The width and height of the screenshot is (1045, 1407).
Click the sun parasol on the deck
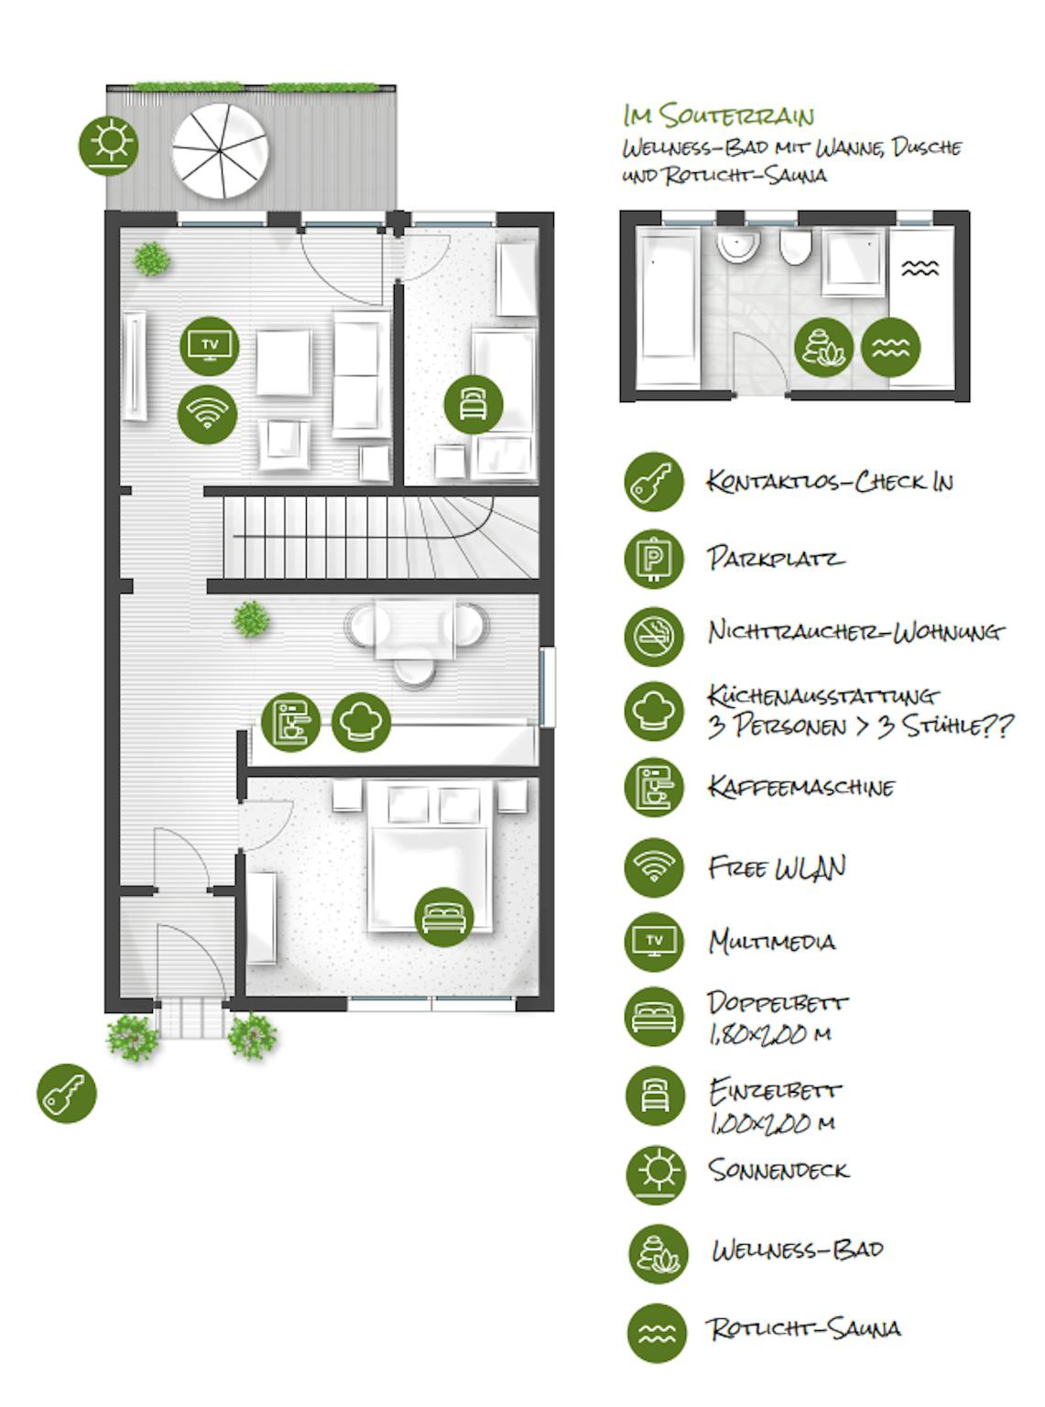coord(220,152)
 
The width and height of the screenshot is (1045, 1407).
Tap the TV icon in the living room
coord(210,346)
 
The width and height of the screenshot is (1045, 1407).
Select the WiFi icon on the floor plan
coord(208,414)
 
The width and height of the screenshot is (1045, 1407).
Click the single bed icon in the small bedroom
coord(474,405)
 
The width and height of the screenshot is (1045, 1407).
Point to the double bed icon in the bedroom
coord(444,917)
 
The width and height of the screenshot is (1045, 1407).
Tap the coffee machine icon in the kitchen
coord(291,722)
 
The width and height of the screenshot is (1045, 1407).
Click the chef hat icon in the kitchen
coord(361,722)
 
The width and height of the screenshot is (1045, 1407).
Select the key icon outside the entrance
coord(67,1093)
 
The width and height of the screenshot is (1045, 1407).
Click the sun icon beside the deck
coord(108,146)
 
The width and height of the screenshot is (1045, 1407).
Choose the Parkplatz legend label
coord(776,558)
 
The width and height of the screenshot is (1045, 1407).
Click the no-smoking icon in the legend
coord(654,637)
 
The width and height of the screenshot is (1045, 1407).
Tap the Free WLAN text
coord(778,867)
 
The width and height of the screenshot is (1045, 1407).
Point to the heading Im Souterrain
coord(718,116)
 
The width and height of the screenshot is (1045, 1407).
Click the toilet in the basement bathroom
coord(796,247)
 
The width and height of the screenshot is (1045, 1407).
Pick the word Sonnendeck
coord(778,1170)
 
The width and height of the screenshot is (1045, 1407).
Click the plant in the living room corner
coord(152,259)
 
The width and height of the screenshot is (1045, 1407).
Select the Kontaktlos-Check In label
coord(830,482)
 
